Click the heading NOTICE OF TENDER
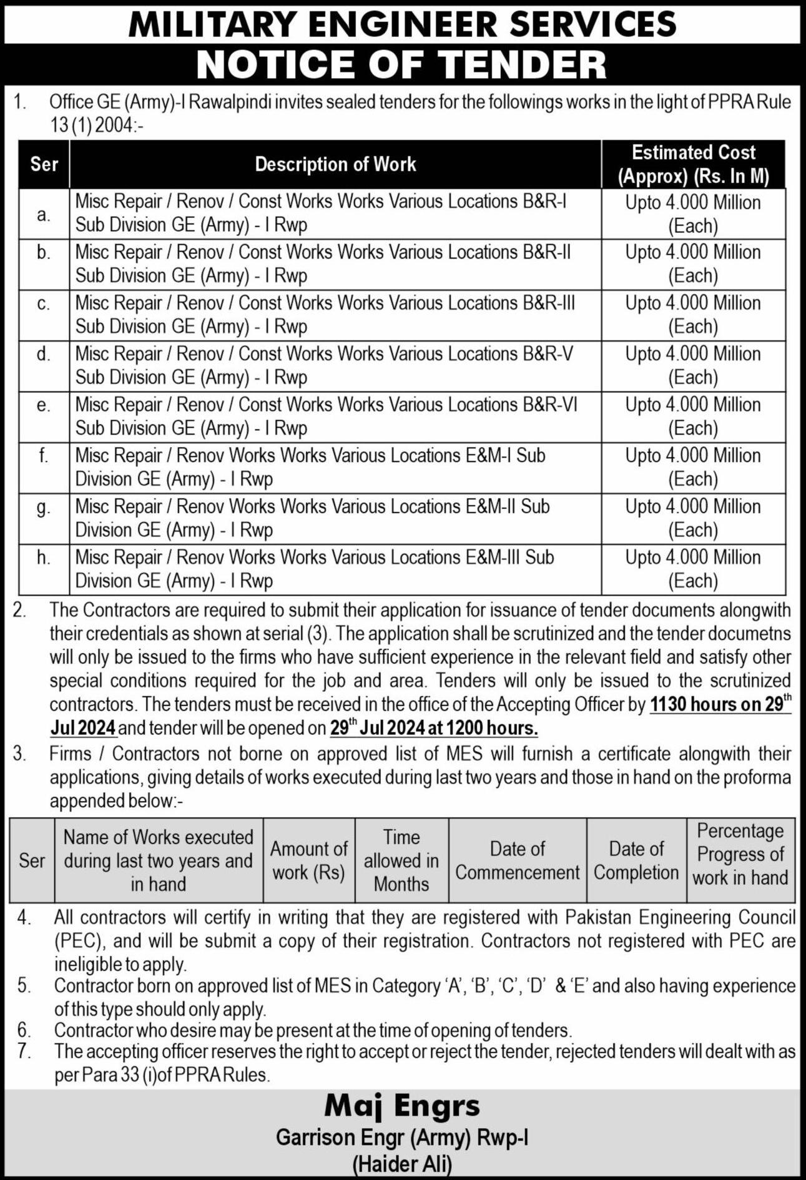pos(402,64)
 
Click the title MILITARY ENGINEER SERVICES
pos(402,24)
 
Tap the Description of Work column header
pos(335,164)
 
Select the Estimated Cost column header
pos(693,164)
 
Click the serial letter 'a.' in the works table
pos(43,214)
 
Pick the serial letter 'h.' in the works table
pos(43,557)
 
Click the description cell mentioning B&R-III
pos(325,315)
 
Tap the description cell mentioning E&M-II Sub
pos(312,518)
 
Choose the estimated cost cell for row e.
pos(693,416)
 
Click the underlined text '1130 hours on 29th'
pos(720,704)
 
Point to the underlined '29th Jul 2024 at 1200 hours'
pos(433,728)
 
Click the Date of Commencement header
pos(517,860)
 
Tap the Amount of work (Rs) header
pos(308,860)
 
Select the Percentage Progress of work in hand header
pos(740,854)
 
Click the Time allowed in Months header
pos(401,860)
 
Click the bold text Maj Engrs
pos(402,1106)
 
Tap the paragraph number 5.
pos(23,986)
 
